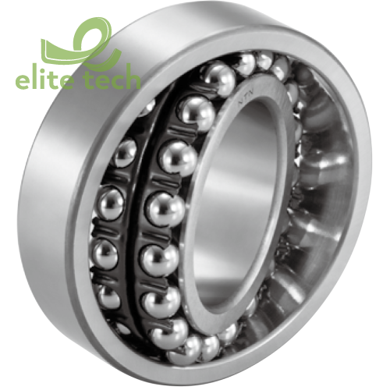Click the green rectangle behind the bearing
click(x=31, y=55)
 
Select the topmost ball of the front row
click(x=221, y=79)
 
